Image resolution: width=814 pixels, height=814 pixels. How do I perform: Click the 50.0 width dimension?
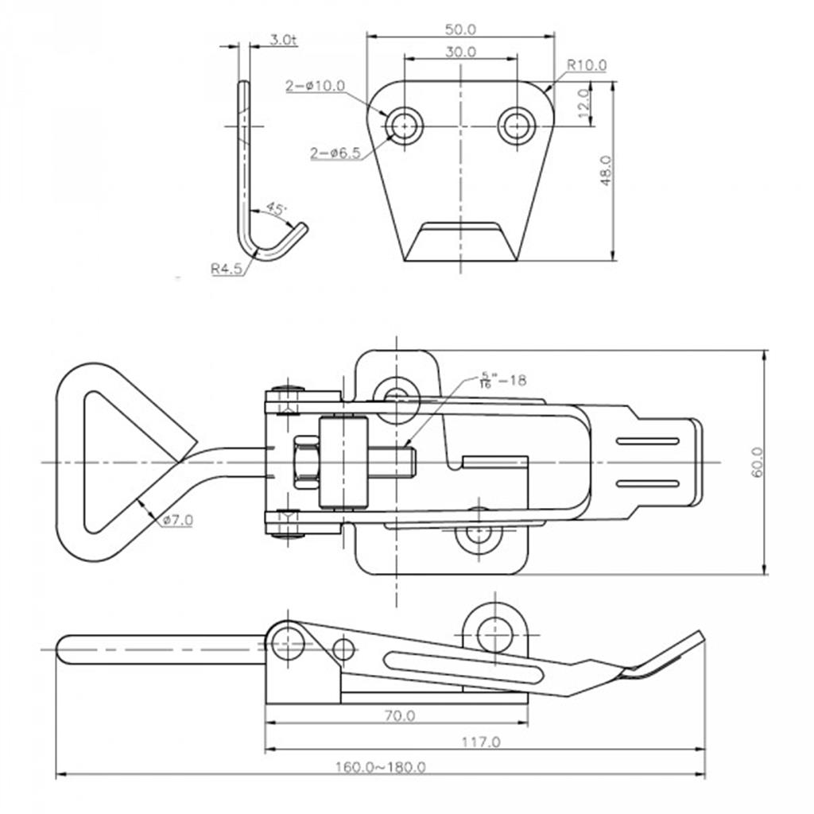[460, 29]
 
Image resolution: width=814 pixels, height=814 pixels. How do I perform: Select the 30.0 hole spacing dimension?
[460, 52]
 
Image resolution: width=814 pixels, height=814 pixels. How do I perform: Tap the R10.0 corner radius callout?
[586, 65]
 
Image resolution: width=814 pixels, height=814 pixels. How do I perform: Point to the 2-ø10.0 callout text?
[315, 86]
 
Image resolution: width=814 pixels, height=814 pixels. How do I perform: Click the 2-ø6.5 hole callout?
[335, 153]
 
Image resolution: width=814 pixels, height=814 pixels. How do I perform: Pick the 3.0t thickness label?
[283, 40]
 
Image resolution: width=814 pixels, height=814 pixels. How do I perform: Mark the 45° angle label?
[276, 209]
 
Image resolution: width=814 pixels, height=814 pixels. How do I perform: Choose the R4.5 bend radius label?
[227, 269]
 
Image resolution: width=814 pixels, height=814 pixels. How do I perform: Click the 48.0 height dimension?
[606, 170]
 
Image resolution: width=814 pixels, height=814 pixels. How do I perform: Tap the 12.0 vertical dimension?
[583, 103]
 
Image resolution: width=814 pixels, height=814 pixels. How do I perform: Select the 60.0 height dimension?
[757, 462]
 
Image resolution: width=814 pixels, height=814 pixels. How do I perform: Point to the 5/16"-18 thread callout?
[502, 381]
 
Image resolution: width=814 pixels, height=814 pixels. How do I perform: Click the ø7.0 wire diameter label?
[177, 520]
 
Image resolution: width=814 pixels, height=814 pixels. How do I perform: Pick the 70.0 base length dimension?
[400, 716]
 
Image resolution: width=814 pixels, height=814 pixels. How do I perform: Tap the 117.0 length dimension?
[481, 742]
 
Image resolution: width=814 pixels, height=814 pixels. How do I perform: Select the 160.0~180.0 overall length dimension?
[381, 767]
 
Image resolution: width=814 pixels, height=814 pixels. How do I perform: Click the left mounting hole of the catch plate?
[404, 125]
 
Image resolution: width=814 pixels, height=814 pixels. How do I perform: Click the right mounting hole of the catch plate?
[517, 125]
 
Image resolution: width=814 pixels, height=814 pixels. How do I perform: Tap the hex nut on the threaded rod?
[306, 462]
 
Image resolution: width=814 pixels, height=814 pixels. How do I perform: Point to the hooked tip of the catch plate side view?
[301, 228]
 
